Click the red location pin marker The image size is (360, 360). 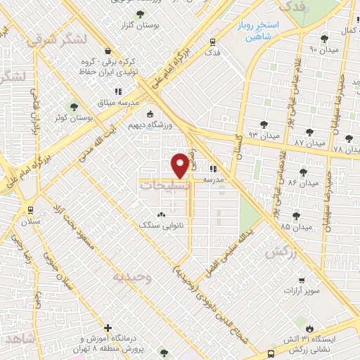[x=181, y=165]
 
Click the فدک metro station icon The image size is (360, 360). [x=212, y=41]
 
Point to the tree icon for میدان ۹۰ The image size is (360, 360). [x=324, y=39]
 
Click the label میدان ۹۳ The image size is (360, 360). [x=259, y=134]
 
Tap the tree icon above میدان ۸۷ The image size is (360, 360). [x=310, y=131]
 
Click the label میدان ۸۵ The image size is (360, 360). [x=295, y=227]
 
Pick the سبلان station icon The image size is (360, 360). [x=30, y=210]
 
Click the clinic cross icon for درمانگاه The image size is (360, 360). [x=108, y=328]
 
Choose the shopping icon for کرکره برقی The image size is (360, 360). [x=107, y=51]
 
